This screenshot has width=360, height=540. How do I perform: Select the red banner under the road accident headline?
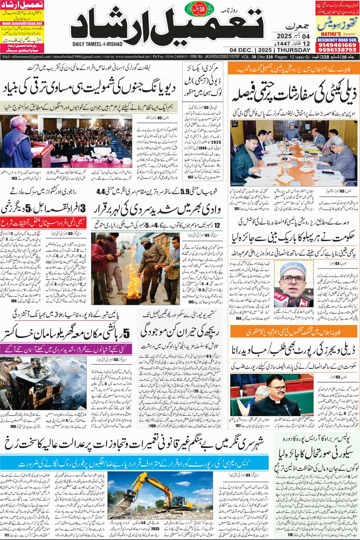tap(46, 224)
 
